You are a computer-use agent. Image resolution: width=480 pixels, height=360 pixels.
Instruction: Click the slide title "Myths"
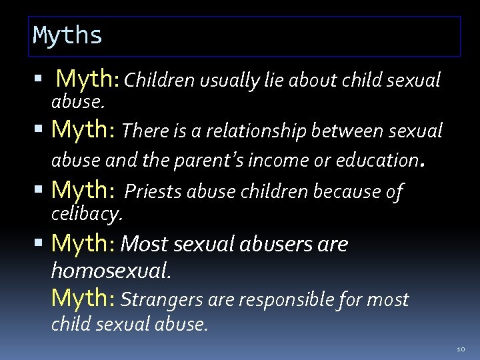(67, 35)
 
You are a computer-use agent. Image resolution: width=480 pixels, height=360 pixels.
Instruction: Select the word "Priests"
(154, 192)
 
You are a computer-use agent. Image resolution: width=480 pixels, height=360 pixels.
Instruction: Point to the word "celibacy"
(87, 214)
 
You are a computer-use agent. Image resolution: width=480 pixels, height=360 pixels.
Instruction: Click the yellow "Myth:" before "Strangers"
(84, 299)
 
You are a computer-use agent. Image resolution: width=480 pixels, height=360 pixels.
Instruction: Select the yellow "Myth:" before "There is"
(84, 129)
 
